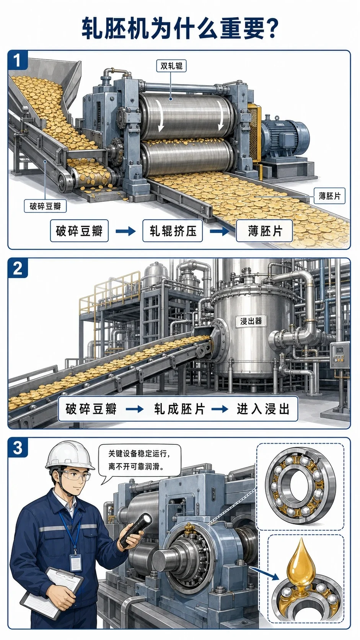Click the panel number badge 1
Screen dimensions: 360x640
(18, 60)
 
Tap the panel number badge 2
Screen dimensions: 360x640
(18, 268)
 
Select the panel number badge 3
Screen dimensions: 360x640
(18, 447)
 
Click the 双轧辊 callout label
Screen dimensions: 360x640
(171, 66)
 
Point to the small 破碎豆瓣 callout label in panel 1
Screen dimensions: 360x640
(45, 206)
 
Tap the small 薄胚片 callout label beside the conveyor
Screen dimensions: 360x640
(329, 196)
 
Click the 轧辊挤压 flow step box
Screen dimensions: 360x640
(173, 231)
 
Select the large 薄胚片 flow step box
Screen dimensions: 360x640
(265, 231)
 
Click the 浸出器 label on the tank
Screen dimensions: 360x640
(251, 321)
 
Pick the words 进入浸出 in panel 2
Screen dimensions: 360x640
(263, 409)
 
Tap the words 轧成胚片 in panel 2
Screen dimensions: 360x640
(179, 409)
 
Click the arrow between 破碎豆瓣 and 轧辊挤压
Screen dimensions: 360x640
(125, 231)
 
